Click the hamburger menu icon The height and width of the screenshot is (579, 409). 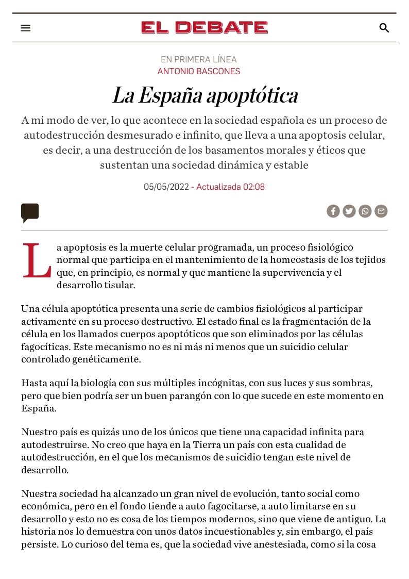click(26, 28)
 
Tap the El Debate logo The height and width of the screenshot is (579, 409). click(204, 27)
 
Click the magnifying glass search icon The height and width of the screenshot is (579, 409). click(384, 28)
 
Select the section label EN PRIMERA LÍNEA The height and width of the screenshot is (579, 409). click(199, 59)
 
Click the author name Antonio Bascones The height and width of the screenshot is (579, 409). click(199, 71)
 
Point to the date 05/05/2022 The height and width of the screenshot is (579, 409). click(166, 187)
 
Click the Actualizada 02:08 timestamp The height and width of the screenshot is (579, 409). click(230, 187)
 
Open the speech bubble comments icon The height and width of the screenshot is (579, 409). click(30, 212)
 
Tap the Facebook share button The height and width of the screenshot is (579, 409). click(333, 211)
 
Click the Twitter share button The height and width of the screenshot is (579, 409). click(349, 211)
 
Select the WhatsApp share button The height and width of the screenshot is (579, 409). click(365, 211)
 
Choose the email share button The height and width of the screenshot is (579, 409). click(381, 211)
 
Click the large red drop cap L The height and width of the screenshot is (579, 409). click(37, 261)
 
